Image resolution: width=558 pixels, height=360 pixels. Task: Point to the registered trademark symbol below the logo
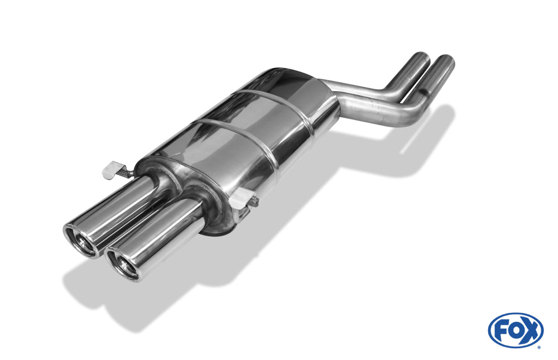[540, 347]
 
